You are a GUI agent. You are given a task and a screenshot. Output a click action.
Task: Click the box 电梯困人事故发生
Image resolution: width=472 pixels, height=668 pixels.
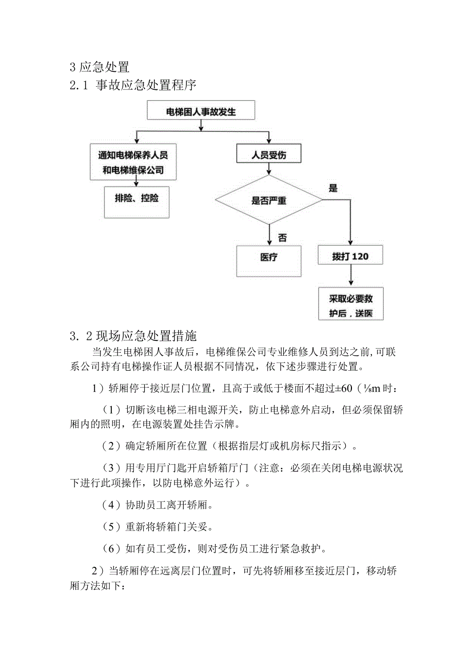[x=201, y=111]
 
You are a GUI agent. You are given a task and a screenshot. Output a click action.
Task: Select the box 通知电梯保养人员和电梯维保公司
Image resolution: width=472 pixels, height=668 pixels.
[x=133, y=162]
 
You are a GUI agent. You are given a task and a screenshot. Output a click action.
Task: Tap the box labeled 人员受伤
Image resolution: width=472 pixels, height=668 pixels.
[x=268, y=155]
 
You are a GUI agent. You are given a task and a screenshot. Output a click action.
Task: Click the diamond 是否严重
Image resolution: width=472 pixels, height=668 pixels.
[x=269, y=200]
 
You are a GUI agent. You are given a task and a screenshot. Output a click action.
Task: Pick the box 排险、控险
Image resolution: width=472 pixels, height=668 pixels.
[x=136, y=198]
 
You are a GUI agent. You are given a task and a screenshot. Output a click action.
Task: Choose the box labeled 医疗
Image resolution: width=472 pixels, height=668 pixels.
[x=268, y=258]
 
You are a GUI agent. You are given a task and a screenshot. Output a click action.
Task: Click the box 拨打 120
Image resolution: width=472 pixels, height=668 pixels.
[x=350, y=257]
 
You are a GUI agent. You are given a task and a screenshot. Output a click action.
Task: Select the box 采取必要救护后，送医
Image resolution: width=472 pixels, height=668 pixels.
[x=350, y=306]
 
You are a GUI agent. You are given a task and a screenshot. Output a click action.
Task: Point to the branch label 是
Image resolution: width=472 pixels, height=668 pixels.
[x=332, y=188]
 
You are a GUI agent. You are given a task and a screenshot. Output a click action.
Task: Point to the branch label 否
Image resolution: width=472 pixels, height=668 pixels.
[x=282, y=237]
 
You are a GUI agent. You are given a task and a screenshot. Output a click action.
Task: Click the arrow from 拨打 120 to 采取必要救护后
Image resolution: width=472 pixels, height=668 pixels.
[x=350, y=276]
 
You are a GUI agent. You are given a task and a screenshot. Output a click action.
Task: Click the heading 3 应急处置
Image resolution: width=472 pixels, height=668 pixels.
[x=99, y=67]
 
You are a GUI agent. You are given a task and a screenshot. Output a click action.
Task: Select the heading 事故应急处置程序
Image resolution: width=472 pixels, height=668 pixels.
[x=146, y=85]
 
